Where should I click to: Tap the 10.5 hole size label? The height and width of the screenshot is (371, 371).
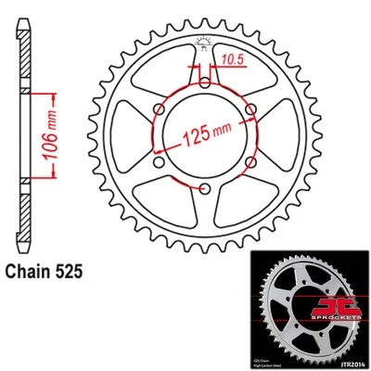[232, 58]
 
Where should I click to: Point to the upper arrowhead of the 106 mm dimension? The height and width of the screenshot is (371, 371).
[40, 94]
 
